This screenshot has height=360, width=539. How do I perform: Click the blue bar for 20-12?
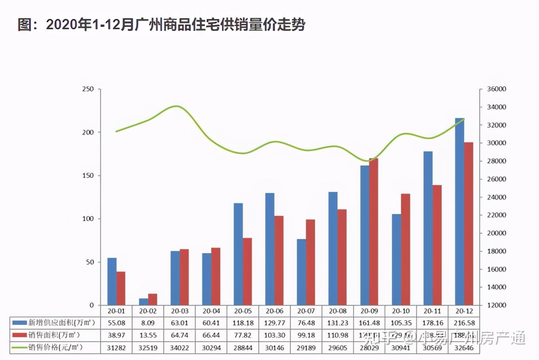pyautogui.click(x=459, y=212)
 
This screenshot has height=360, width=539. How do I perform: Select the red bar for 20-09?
pyautogui.click(x=374, y=232)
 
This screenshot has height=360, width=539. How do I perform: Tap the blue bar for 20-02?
pyautogui.click(x=143, y=302)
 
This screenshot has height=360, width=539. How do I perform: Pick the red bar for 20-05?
pyautogui.click(x=247, y=271)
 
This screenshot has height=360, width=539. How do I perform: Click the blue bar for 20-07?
pyautogui.click(x=302, y=272)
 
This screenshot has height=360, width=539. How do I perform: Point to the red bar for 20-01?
pyautogui.click(x=121, y=288)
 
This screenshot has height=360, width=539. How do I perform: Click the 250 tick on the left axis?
pyautogui.click(x=88, y=89)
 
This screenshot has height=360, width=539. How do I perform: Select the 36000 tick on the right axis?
pyautogui.click(x=496, y=89)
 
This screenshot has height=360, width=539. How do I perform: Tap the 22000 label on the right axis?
pyautogui.click(x=496, y=215)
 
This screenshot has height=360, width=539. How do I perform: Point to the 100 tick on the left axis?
pyautogui.click(x=88, y=219)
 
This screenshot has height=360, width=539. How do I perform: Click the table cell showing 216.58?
pyautogui.click(x=464, y=323)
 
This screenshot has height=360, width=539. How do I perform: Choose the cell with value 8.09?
pyautogui.click(x=148, y=323)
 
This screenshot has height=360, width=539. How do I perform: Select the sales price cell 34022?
pyautogui.click(x=179, y=348)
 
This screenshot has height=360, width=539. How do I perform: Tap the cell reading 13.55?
pyautogui.click(x=148, y=335)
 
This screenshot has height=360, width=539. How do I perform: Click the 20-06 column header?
pyautogui.click(x=274, y=311)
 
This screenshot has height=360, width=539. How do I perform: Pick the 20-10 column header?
pyautogui.click(x=400, y=311)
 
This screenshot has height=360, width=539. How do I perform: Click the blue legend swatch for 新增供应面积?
pyautogui.click(x=19, y=323)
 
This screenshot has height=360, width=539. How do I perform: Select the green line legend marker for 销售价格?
pyautogui.click(x=19, y=348)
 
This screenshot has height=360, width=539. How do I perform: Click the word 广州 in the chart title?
pyautogui.click(x=147, y=25)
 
